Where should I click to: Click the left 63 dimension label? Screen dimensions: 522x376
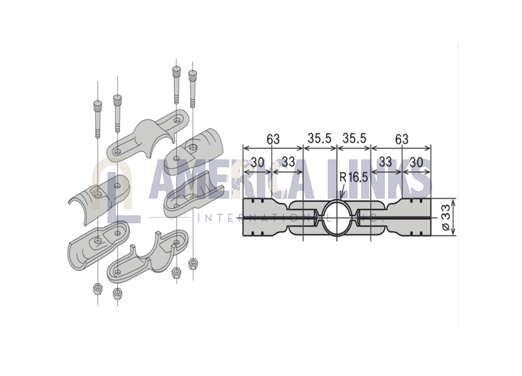(274, 139)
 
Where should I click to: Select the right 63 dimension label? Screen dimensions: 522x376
(402, 139)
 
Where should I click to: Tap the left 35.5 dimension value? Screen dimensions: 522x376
(320, 138)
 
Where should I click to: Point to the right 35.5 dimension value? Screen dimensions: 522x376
(354, 138)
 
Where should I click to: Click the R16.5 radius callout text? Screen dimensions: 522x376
(354, 177)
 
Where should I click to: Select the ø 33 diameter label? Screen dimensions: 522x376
(446, 217)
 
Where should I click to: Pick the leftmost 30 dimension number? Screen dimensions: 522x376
(257, 162)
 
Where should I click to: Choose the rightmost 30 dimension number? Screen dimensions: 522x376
(417, 162)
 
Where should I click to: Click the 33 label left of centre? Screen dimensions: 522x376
(289, 162)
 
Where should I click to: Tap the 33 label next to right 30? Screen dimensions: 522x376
(386, 162)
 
